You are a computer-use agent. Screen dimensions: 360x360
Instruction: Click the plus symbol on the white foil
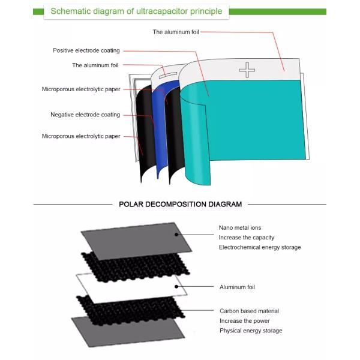[247, 70]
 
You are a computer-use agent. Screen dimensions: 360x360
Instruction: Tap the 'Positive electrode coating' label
[86, 50]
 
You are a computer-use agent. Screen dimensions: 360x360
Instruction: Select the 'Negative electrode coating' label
[85, 115]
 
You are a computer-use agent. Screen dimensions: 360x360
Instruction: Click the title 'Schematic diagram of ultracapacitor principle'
[136, 11]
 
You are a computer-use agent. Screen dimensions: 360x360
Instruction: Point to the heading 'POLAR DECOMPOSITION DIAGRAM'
[180, 204]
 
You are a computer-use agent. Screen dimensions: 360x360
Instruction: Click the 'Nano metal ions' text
[240, 228]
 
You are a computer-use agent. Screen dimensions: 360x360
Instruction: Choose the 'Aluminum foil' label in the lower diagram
[237, 287]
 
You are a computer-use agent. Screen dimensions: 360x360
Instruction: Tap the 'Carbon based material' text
[250, 311]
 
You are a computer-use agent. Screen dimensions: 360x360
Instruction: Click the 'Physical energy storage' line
[251, 331]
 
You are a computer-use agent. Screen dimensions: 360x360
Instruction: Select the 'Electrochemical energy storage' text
[260, 247]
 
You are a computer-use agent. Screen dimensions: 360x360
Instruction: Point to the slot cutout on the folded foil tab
[168, 75]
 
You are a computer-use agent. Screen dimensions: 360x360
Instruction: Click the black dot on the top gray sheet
[176, 235]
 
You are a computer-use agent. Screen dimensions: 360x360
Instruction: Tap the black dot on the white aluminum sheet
[176, 287]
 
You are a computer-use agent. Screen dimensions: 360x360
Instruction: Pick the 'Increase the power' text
[245, 321]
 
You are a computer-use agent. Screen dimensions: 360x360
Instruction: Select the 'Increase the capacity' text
[247, 238]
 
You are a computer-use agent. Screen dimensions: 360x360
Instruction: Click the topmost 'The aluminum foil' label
[176, 32]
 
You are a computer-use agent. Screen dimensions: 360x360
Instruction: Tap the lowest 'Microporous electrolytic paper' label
[81, 136]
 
